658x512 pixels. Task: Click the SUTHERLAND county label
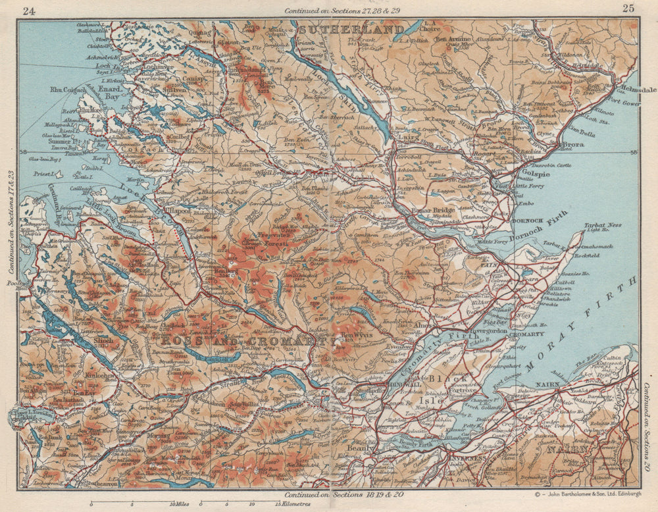click(x=350, y=30)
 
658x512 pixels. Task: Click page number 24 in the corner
click(x=28, y=10)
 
